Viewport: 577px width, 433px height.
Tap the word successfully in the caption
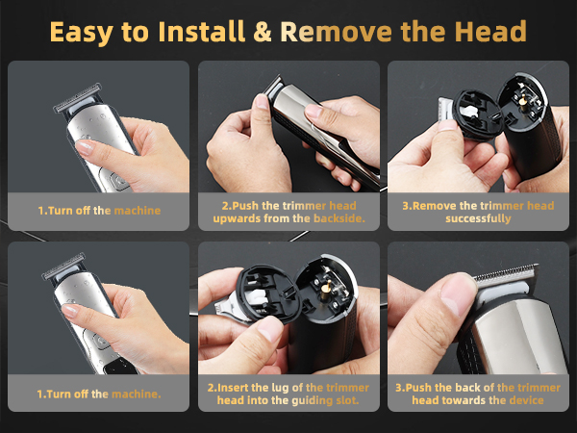point(476,218)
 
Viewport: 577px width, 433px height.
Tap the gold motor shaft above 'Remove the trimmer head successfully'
point(525,97)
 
